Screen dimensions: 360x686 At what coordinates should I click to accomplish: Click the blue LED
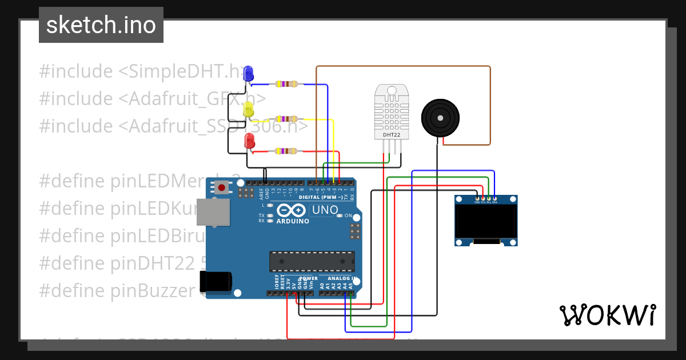pos(248,74)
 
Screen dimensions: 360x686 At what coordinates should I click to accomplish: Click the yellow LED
pos(248,109)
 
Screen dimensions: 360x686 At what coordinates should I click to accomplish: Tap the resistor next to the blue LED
pos(286,85)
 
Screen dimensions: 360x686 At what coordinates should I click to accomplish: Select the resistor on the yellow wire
pos(286,119)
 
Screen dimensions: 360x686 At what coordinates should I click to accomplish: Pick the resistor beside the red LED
pos(285,151)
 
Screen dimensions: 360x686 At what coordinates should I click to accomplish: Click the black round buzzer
pos(440,118)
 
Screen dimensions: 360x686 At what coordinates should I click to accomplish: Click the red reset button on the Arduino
pos(221,187)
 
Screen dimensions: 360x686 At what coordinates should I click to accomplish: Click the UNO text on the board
pos(325,210)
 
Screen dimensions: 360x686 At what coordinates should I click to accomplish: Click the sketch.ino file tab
pos(101,25)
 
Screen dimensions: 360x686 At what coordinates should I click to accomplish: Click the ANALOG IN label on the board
pos(342,278)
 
